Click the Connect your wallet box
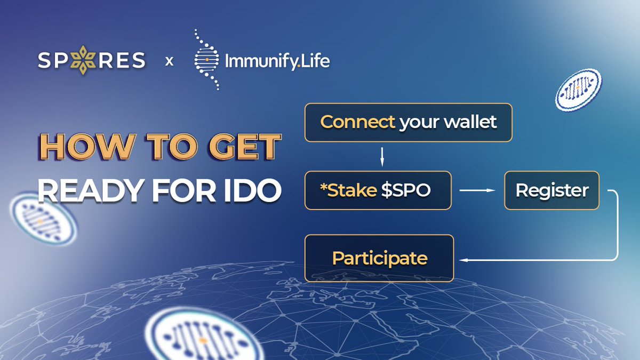[408, 122]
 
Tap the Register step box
[551, 190]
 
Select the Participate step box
[379, 258]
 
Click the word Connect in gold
[357, 122]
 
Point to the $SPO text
[406, 190]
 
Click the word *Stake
[348, 190]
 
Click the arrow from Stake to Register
[477, 190]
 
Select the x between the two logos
[169, 61]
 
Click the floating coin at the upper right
[578, 89]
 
